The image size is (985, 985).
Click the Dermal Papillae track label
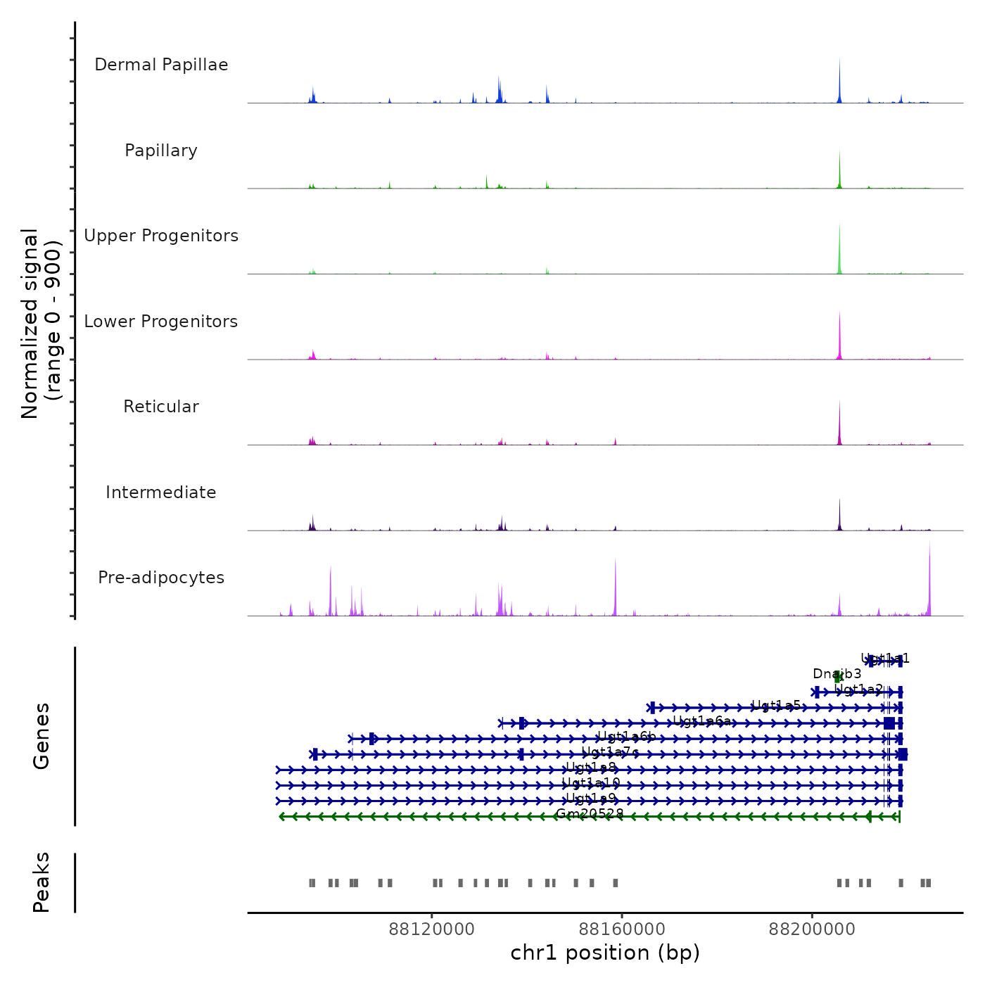pos(161,65)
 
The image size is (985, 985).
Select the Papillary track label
pos(161,151)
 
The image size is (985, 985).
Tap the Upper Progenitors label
pos(161,236)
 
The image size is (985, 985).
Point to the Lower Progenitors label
pos(161,322)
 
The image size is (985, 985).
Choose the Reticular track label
pos(161,407)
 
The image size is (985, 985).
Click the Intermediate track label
pos(161,493)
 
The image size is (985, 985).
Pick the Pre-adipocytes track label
pos(161,578)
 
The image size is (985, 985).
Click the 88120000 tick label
pos(432,929)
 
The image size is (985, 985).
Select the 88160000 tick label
pos(622,929)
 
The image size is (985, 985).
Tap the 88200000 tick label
pos(812,929)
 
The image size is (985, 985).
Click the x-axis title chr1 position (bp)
pos(605,953)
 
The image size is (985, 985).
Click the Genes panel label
pos(42,736)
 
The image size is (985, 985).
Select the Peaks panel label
pos(42,882)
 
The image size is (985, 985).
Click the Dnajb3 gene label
pos(837,674)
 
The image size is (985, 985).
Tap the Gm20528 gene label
pos(590,814)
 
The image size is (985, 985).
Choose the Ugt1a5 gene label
pos(776,705)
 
